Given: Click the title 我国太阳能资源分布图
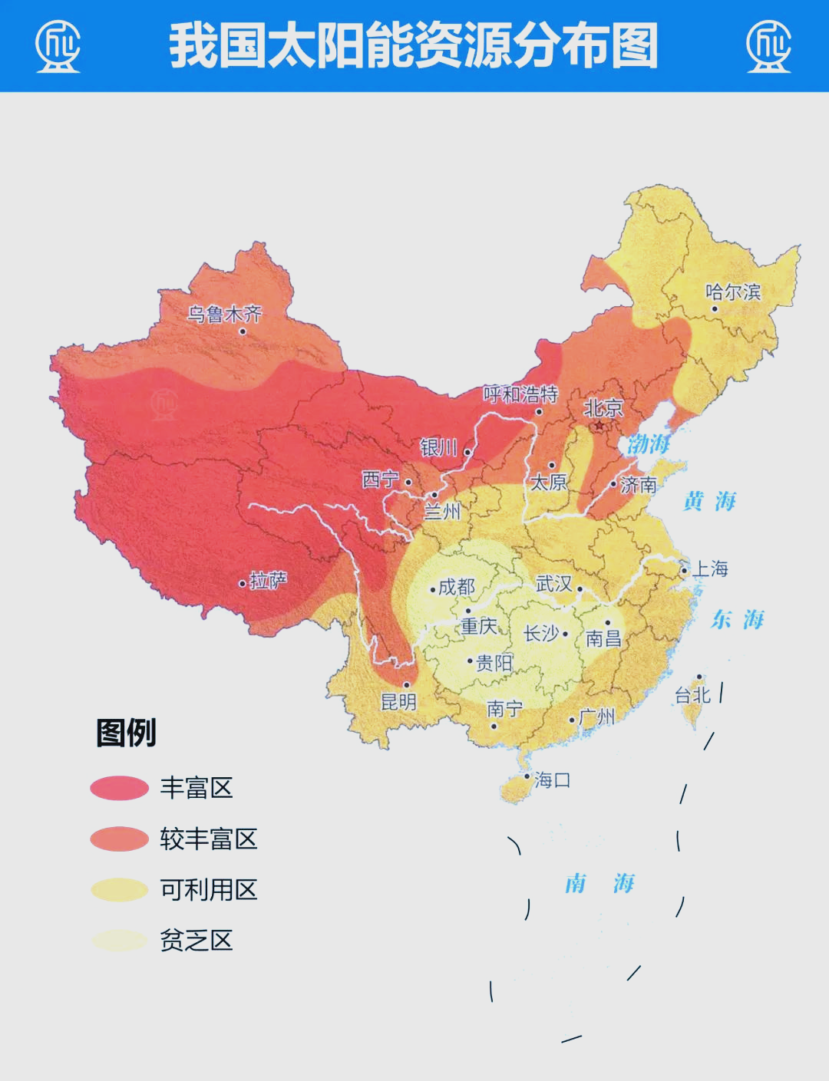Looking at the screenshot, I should click(413, 46).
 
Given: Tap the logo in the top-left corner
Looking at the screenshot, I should click(58, 46).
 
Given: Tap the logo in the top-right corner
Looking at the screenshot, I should click(768, 46).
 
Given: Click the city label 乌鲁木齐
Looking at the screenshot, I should click(225, 314).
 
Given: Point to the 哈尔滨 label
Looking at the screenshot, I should click(733, 292).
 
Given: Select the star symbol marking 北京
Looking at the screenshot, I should click(599, 425).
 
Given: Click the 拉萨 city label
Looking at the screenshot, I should click(268, 581).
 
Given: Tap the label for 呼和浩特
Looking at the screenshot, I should click(520, 394).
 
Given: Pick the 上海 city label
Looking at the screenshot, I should click(710, 569).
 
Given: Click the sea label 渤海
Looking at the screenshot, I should click(649, 444).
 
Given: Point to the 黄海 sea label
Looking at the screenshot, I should click(709, 502).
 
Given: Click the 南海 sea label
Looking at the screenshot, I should click(599, 884).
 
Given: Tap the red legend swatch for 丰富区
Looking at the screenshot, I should click(119, 788).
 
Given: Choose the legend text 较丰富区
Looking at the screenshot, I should click(208, 839).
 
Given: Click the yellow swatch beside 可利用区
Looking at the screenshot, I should click(119, 890).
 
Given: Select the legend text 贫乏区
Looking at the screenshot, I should click(196, 941).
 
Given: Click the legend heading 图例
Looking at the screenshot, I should click(126, 733).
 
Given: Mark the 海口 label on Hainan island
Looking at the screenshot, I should click(552, 780).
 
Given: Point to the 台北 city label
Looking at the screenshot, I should click(692, 695).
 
